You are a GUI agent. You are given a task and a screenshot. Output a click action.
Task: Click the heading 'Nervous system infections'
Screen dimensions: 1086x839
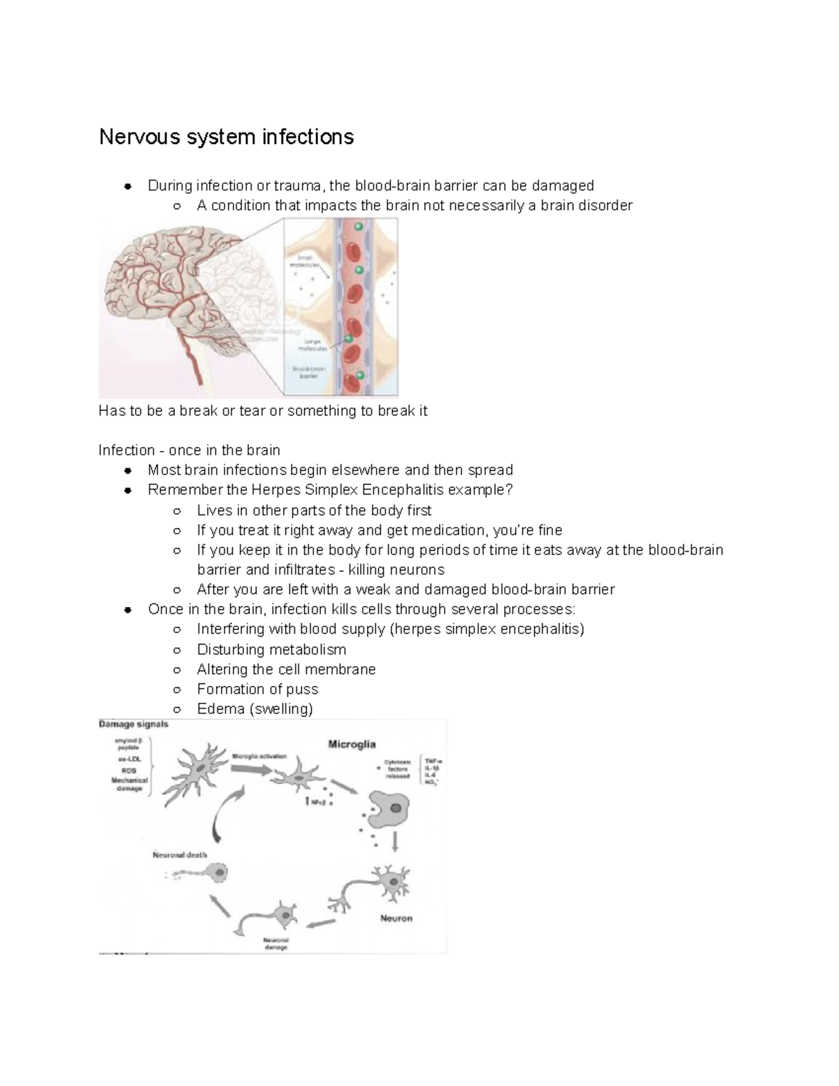click(226, 136)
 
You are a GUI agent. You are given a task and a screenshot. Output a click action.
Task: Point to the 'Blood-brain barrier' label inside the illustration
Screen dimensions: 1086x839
click(305, 371)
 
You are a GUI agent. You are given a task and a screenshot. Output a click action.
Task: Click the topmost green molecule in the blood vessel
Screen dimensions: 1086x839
click(358, 227)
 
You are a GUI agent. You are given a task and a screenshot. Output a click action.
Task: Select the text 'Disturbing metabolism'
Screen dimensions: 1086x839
click(271, 649)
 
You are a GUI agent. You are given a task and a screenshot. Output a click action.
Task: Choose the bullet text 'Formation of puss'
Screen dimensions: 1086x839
click(257, 689)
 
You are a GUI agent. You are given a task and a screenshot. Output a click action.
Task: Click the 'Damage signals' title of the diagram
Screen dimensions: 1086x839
click(134, 724)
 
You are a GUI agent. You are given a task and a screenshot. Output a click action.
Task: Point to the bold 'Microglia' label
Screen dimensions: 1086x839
click(352, 745)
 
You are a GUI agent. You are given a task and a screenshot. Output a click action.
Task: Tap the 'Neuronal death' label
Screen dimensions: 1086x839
click(180, 855)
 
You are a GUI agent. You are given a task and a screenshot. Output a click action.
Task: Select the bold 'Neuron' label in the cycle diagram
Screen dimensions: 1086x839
click(396, 918)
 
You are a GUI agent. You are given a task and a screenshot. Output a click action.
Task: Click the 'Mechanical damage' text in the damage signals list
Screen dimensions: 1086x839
click(129, 784)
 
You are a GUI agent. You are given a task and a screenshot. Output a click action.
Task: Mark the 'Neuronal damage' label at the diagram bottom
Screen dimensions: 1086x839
click(275, 944)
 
